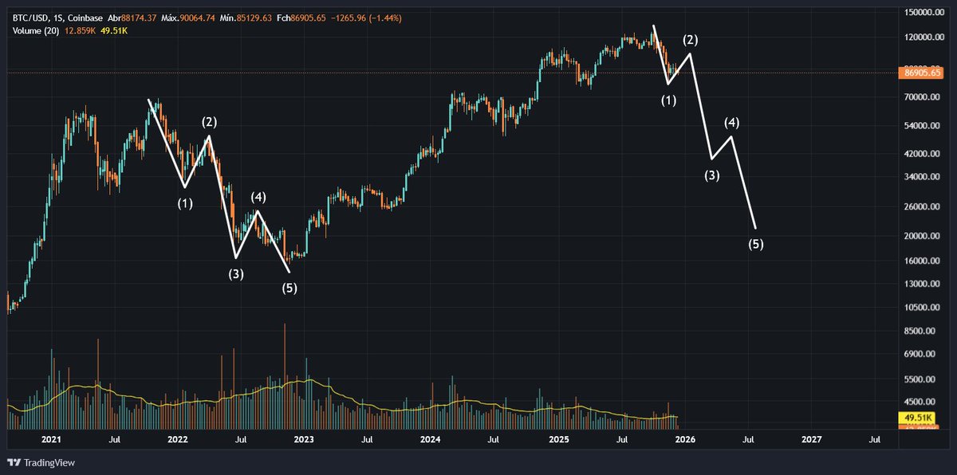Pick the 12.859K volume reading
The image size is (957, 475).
(x=81, y=30)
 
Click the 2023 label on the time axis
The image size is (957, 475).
(x=304, y=439)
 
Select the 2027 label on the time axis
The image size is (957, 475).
(x=811, y=439)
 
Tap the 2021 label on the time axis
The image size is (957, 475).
(x=52, y=439)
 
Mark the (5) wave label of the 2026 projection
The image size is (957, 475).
(x=756, y=245)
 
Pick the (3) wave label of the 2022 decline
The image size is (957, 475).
(x=236, y=274)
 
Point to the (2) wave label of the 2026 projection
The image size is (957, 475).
(x=690, y=40)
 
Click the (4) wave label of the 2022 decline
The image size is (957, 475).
(x=258, y=197)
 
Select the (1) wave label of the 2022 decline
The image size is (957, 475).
(x=185, y=204)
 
